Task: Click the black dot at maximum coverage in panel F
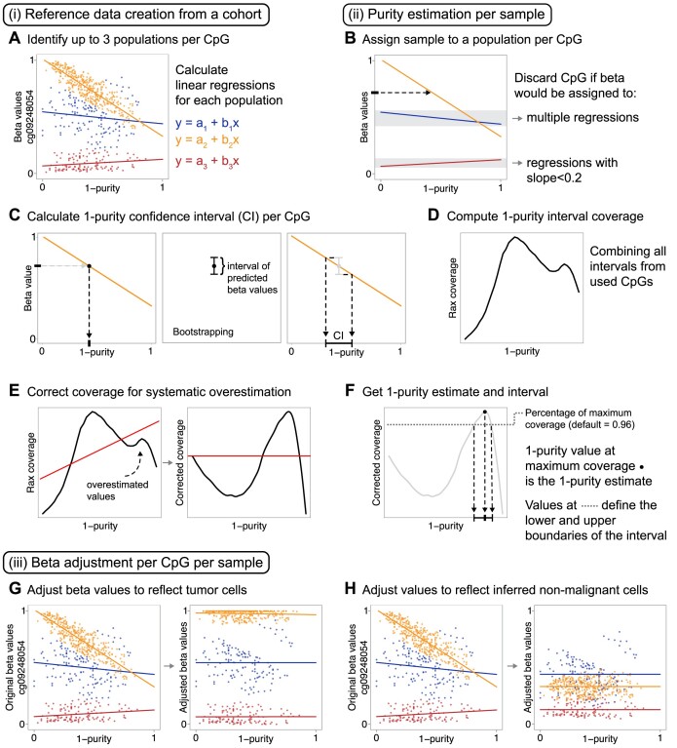tap(484, 385)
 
